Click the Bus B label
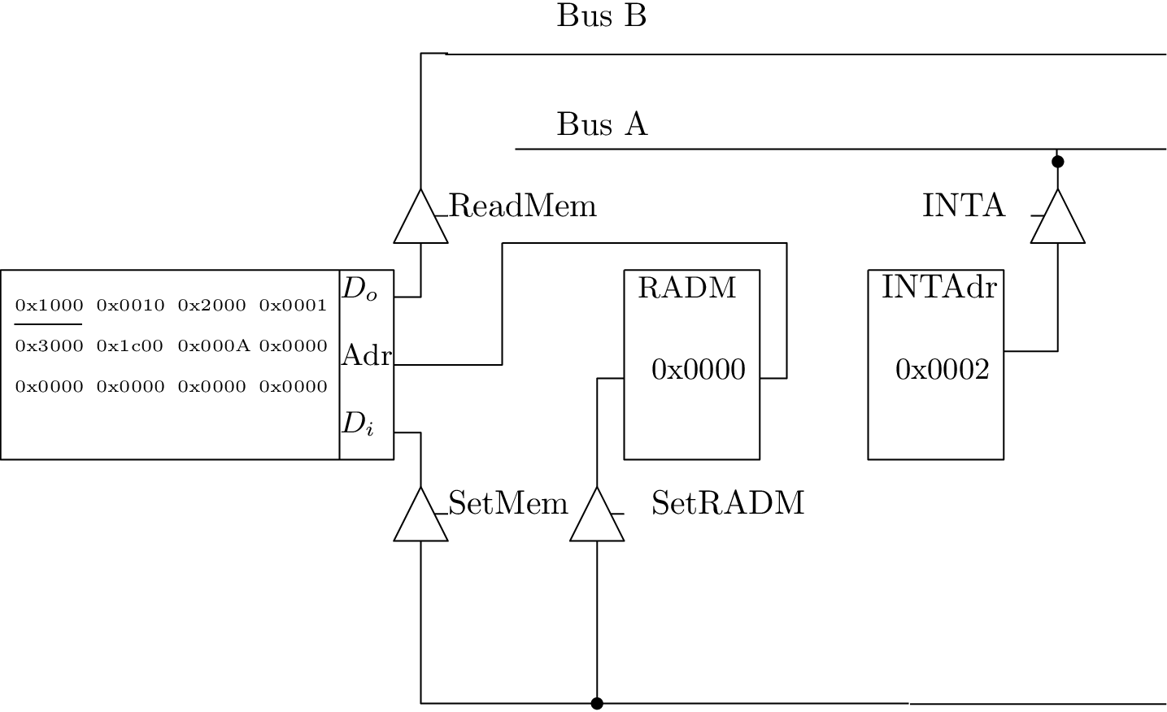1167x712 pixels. tap(601, 16)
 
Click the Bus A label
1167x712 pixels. tap(602, 125)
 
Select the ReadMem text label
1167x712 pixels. tap(523, 206)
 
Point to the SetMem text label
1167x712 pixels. tap(508, 504)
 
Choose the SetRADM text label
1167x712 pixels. tap(728, 504)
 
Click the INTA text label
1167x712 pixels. tap(964, 206)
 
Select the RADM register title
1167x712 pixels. tap(687, 289)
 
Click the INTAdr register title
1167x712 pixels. tap(939, 288)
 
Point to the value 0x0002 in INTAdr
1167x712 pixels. tap(943, 370)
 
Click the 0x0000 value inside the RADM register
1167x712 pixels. tap(699, 370)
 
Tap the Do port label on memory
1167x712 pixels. tap(359, 289)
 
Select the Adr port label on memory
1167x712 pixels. tap(367, 355)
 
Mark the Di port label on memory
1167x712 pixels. tap(358, 423)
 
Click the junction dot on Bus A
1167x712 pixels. tap(1057, 162)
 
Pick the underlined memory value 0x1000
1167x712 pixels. tap(50, 306)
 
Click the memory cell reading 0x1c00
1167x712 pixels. tap(130, 346)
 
